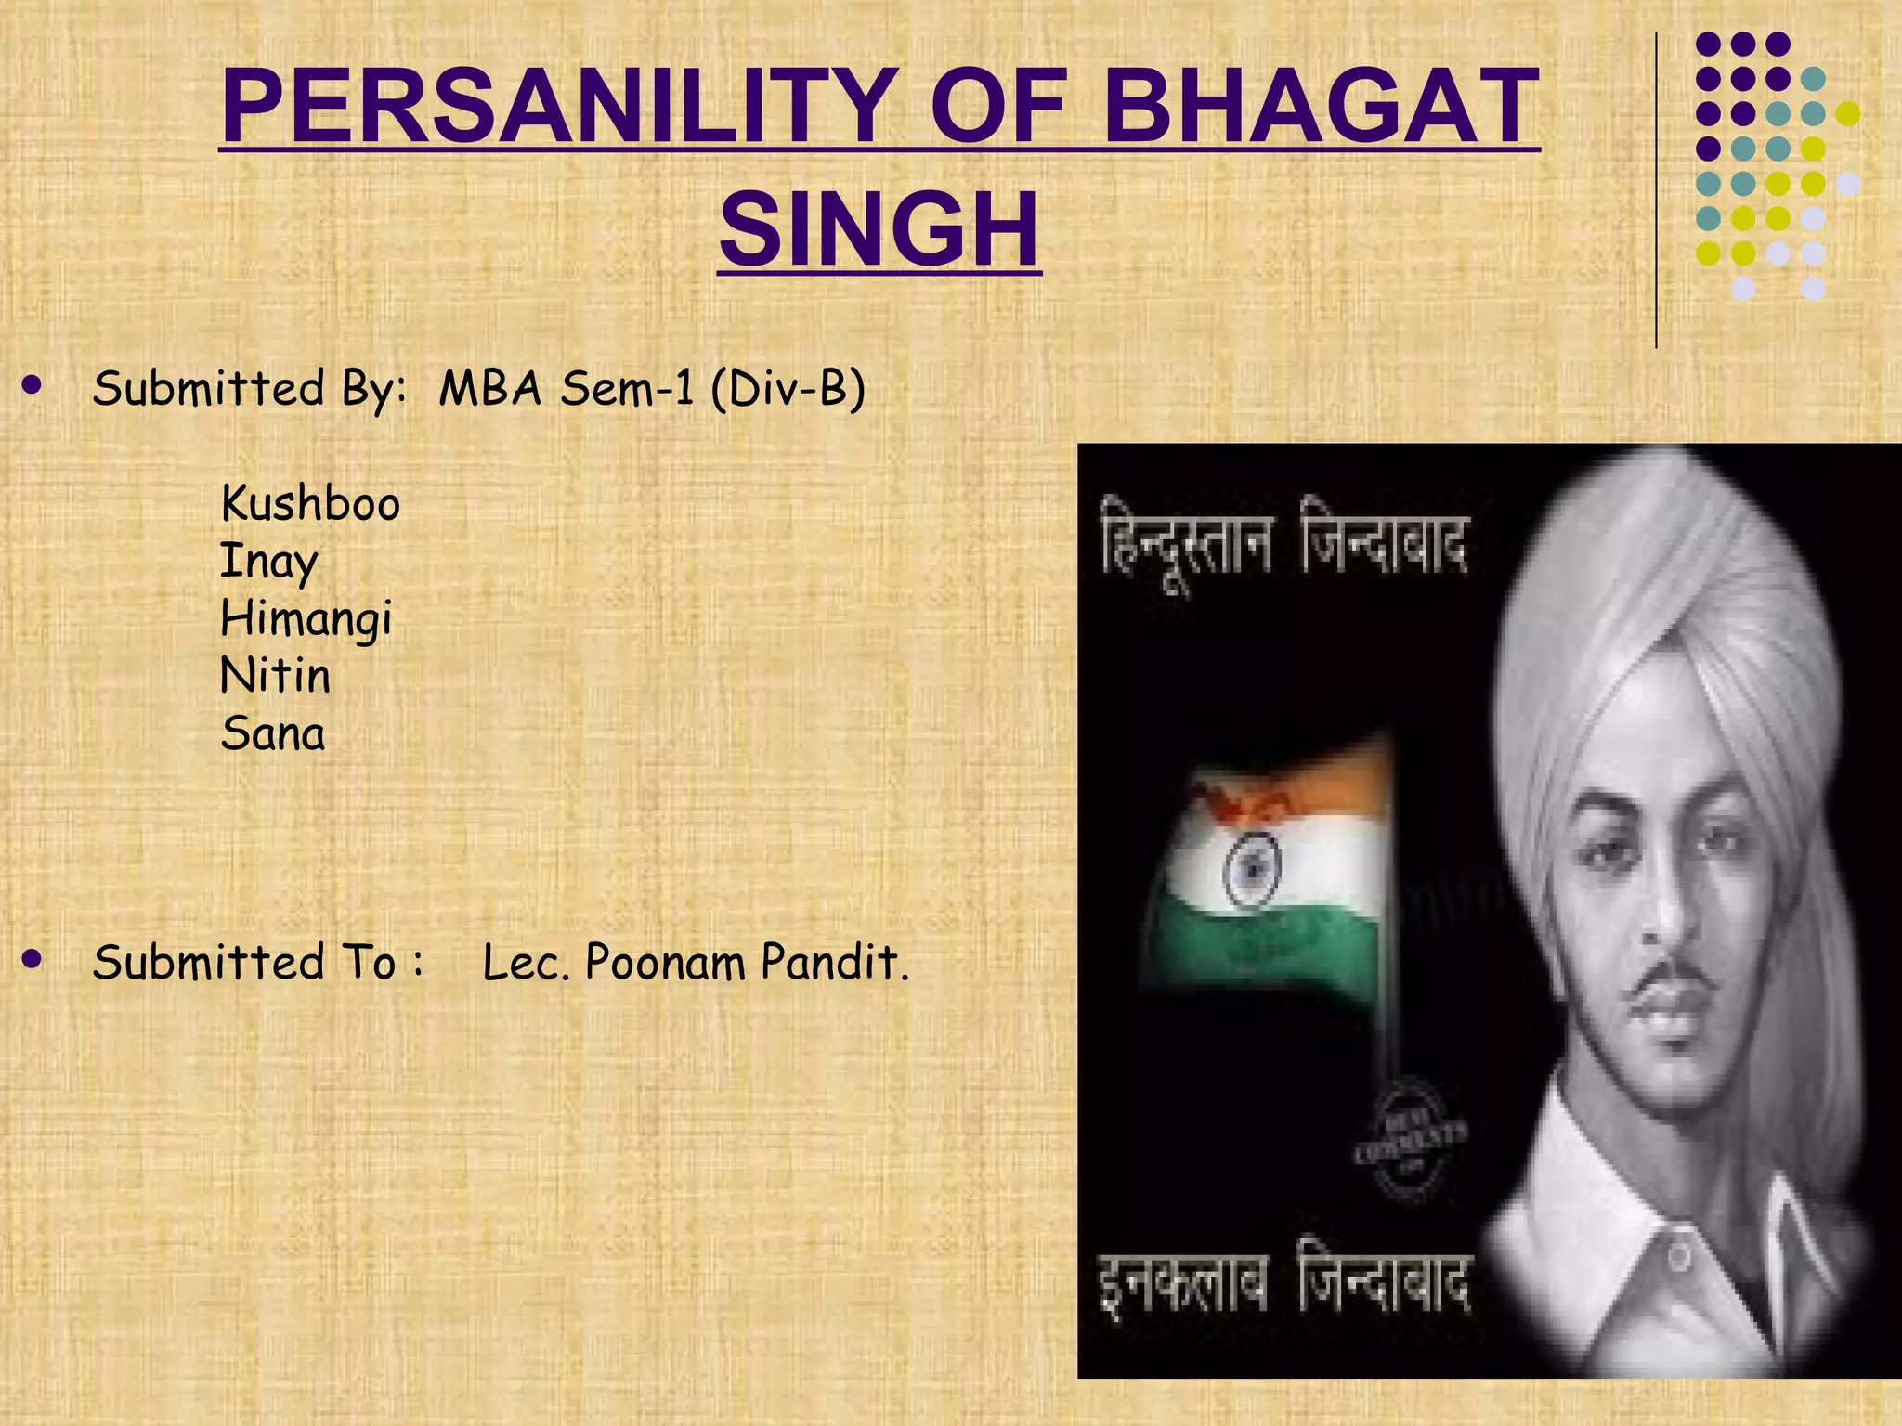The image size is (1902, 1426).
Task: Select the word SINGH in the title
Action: (x=879, y=228)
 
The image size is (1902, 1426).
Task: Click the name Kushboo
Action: (x=310, y=504)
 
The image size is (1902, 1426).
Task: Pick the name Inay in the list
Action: (x=269, y=563)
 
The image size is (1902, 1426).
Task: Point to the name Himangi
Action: (x=306, y=619)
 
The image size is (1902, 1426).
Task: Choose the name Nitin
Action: (x=275, y=676)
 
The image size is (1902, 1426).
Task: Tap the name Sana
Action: (x=273, y=733)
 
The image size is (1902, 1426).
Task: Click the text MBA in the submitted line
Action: (x=489, y=388)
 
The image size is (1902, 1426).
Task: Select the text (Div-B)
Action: (x=788, y=388)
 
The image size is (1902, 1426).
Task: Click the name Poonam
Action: (x=665, y=962)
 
